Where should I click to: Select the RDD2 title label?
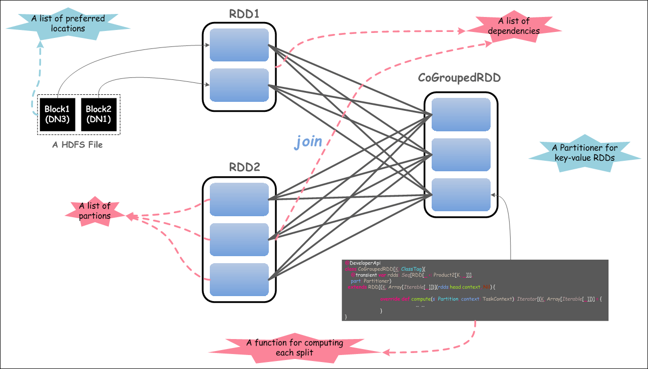click(245, 167)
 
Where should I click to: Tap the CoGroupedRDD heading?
click(460, 78)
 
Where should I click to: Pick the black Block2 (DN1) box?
click(99, 113)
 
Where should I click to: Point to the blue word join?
click(308, 142)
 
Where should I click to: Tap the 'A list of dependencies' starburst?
click(514, 26)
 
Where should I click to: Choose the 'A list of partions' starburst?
click(94, 211)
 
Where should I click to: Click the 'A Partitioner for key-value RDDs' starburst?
click(585, 153)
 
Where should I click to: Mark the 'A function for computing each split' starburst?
click(295, 348)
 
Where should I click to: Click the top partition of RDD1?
click(239, 45)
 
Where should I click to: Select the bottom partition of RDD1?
click(239, 85)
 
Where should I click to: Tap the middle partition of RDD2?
click(239, 240)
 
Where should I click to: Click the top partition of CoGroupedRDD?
click(461, 114)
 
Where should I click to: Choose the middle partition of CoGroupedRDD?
click(461, 155)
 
